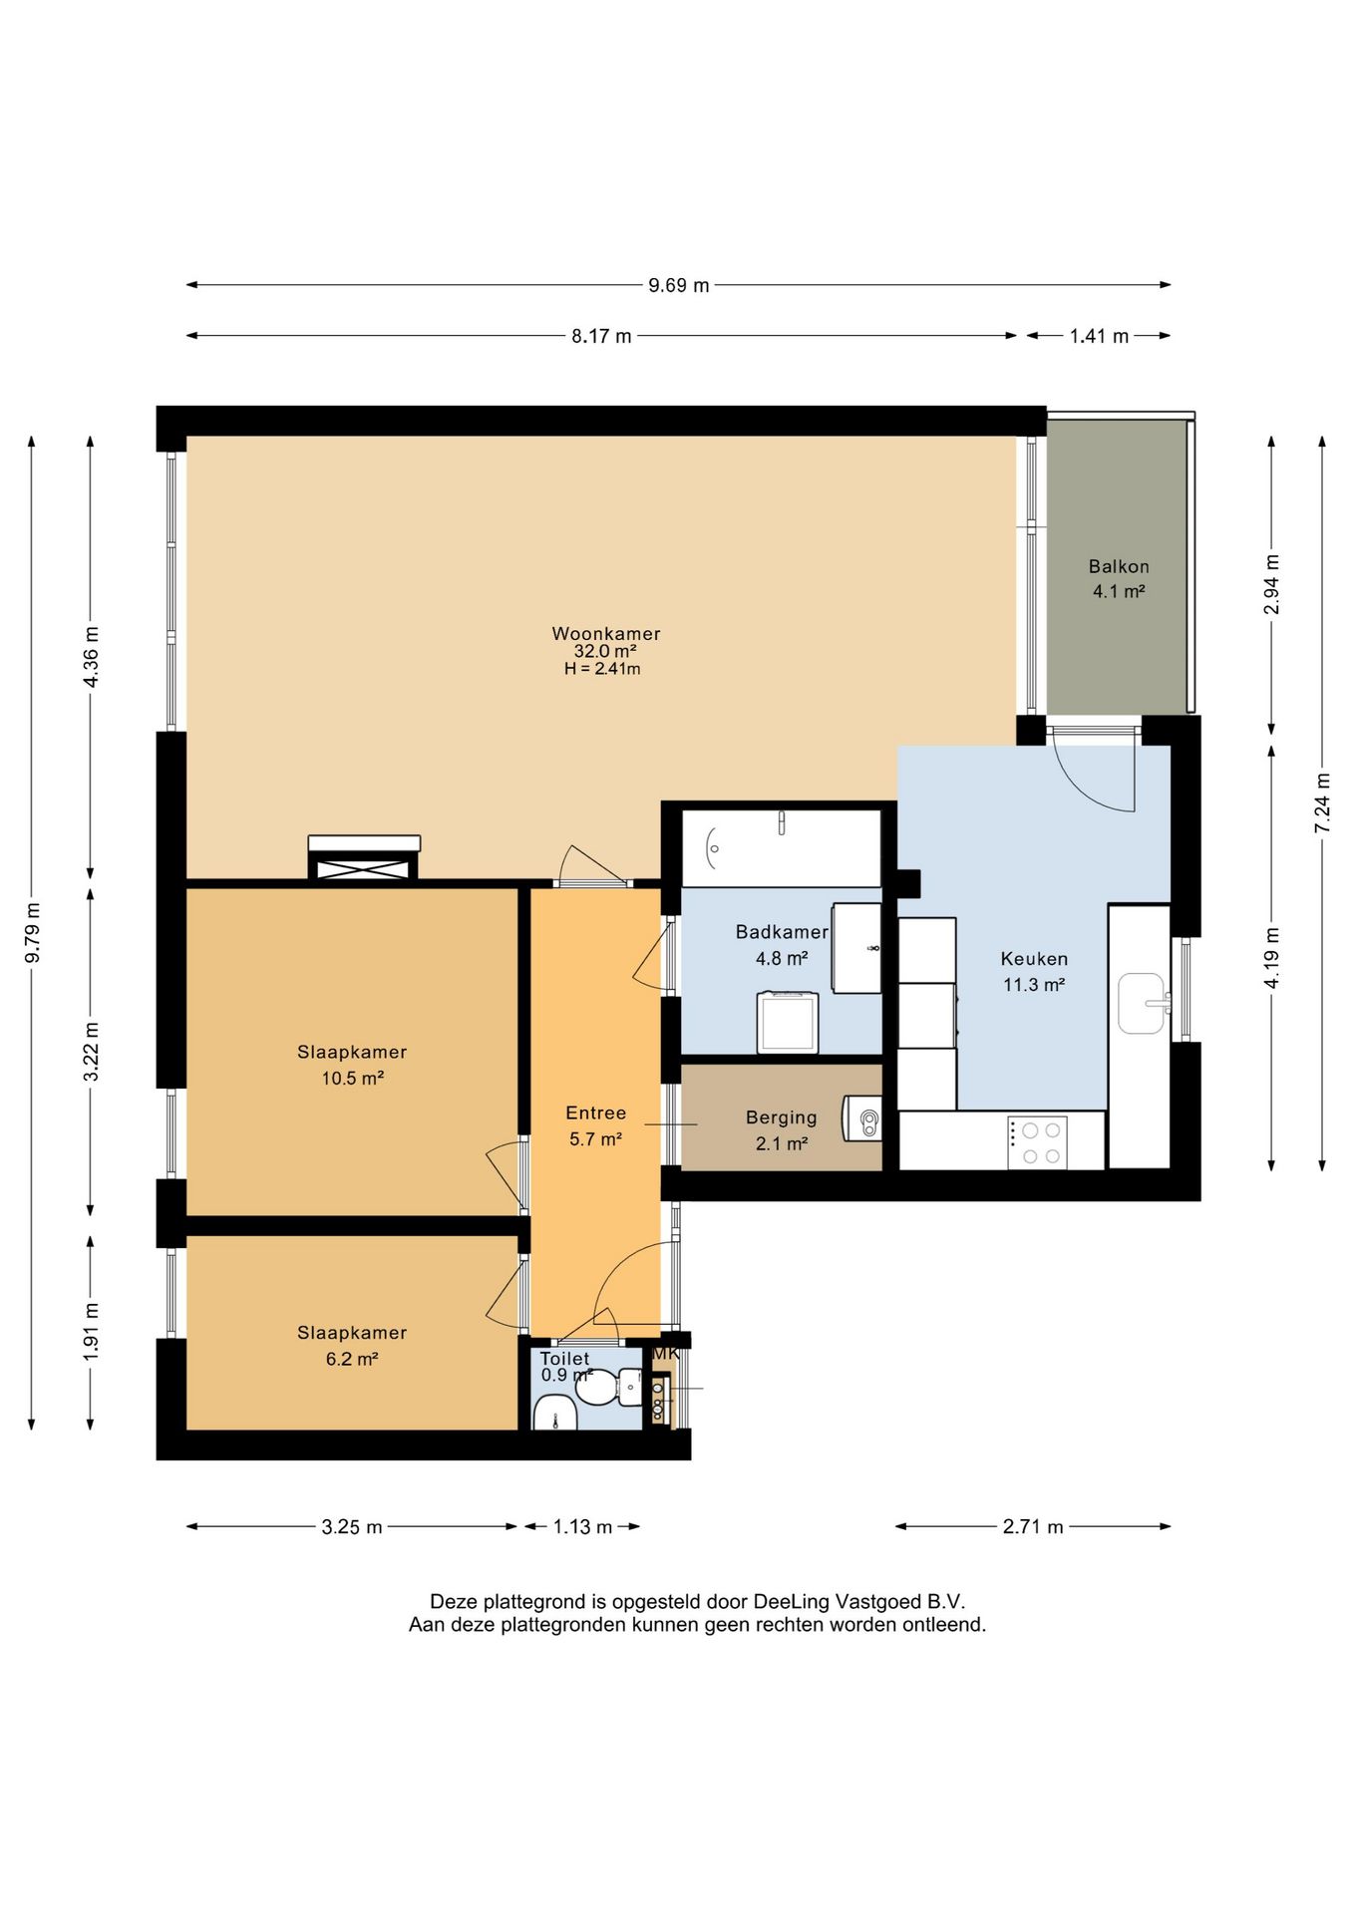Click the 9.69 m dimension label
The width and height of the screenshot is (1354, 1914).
pos(679,285)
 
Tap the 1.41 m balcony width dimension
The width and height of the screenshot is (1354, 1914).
pos(1099,336)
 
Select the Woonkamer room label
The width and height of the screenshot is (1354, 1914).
pos(606,633)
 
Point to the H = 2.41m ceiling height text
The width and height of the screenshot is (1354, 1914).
pos(602,669)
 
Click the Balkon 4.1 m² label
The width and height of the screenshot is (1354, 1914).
pos(1119,578)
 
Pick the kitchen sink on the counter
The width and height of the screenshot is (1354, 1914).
pos(1145,1003)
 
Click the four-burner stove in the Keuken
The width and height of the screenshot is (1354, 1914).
pos(1037,1142)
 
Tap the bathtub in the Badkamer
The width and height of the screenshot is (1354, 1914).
pos(781,848)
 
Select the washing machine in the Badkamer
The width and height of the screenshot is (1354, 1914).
pos(788,1022)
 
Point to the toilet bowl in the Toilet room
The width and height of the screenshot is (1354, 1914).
pos(610,1386)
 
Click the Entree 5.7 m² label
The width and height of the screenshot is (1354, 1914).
pos(596,1125)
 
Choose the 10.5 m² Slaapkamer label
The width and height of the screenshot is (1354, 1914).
pos(352,1065)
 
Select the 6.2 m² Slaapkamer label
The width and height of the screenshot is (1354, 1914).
pos(352,1346)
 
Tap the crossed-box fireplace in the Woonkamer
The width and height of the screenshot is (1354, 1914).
pos(365,858)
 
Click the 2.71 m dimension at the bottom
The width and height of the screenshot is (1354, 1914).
pos(1033,1526)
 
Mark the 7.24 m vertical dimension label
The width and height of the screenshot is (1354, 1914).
pos(1323,802)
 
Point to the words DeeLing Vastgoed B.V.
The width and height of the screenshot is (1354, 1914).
pos(859,1602)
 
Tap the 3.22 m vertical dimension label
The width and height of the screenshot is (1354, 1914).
pos(92,1052)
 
